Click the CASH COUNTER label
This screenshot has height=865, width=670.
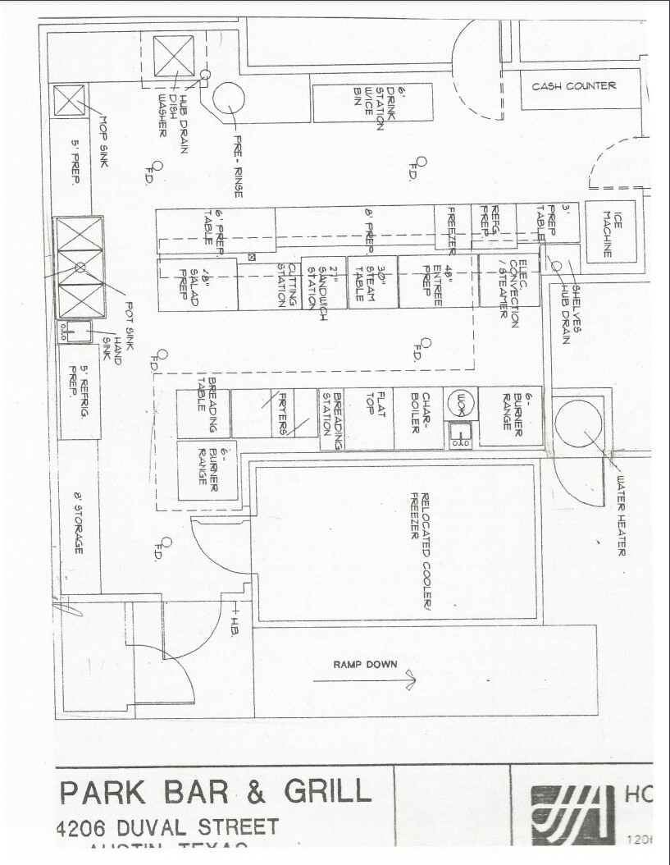(573, 86)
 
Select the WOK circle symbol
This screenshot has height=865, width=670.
(460, 401)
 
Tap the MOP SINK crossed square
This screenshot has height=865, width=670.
(68, 101)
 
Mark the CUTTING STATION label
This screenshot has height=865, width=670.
(285, 283)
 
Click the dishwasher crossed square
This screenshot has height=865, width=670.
(174, 57)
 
